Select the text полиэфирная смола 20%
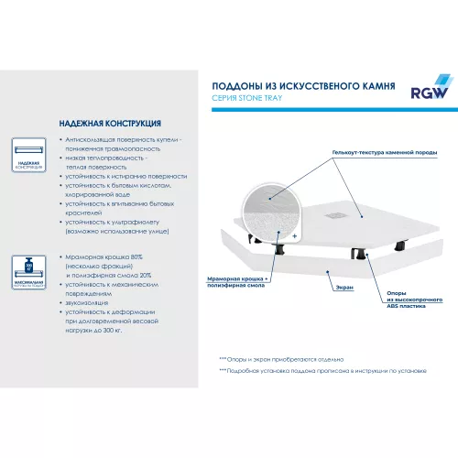coord(112,274)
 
